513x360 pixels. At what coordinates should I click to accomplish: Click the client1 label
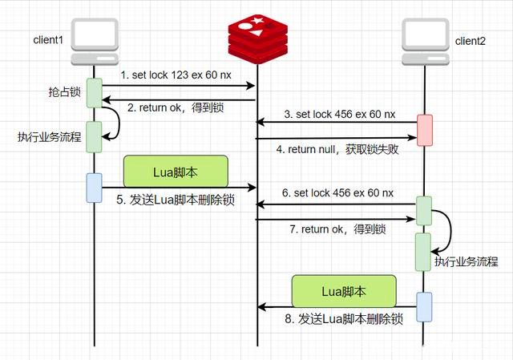[x=48, y=40]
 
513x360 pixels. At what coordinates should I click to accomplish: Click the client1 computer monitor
[x=95, y=39]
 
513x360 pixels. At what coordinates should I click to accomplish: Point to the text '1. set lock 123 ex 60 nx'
[x=176, y=75]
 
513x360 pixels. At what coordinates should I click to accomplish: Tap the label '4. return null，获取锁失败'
[x=337, y=148]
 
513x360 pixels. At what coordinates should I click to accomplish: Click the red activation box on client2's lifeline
[x=425, y=130]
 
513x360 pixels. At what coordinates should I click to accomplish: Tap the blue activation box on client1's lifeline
[x=95, y=187]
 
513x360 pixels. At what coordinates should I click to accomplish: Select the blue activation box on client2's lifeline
[x=424, y=306]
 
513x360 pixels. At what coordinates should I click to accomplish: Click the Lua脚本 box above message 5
[x=176, y=171]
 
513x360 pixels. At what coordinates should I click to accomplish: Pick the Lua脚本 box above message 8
[x=344, y=289]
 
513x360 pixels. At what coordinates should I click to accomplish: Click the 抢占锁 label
[x=65, y=91]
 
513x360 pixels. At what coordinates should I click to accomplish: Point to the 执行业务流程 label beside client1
[x=50, y=136]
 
